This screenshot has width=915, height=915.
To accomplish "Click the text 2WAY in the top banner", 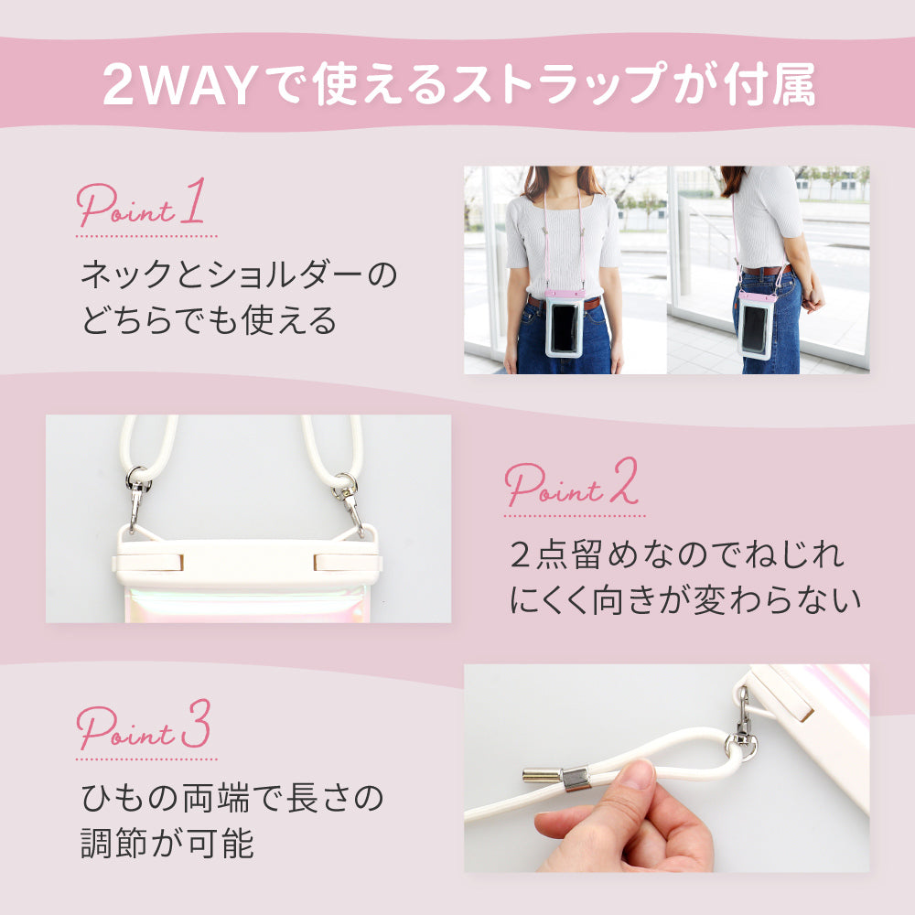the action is (x=179, y=85).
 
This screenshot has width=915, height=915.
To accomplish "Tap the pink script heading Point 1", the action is (x=141, y=202).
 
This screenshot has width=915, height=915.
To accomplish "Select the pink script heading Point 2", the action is (x=571, y=482).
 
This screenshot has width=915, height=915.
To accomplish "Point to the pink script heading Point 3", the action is (x=143, y=725).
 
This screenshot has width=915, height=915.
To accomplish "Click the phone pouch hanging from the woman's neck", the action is (x=565, y=323).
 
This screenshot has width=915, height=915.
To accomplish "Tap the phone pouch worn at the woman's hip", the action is (x=757, y=325).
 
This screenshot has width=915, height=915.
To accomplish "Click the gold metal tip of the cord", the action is (x=542, y=774).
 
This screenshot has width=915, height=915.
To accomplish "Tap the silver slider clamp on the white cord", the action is (x=576, y=779).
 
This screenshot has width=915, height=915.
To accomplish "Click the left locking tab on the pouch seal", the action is (x=148, y=563).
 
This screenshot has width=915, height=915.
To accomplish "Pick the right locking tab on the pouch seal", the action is (x=348, y=563).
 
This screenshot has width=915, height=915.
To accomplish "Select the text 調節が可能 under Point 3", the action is (x=167, y=843).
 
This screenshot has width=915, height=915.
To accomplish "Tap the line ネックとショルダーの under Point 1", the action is (x=239, y=274).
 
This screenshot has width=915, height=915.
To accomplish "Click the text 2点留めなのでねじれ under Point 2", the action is (x=677, y=554).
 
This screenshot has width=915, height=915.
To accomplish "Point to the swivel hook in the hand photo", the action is (x=742, y=725).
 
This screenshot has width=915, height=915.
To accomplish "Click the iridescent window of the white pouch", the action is (x=245, y=605).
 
